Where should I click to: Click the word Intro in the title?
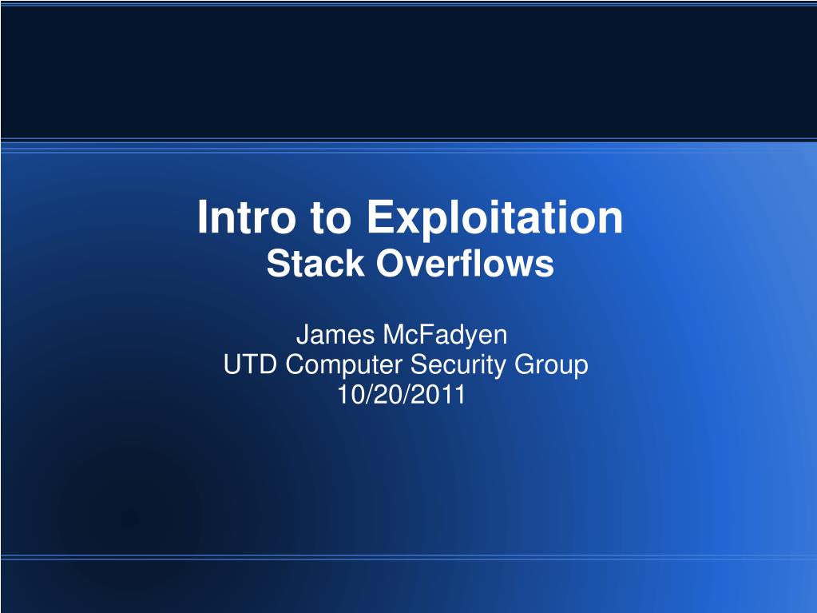(247, 217)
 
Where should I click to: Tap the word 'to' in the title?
(331, 218)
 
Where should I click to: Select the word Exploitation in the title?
(495, 218)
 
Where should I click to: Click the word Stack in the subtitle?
(315, 263)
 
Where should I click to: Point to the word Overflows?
(466, 263)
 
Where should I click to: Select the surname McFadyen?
(445, 336)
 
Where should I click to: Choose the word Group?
(551, 365)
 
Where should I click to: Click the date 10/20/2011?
(401, 395)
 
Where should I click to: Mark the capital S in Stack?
(277, 263)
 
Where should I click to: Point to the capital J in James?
(303, 335)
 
